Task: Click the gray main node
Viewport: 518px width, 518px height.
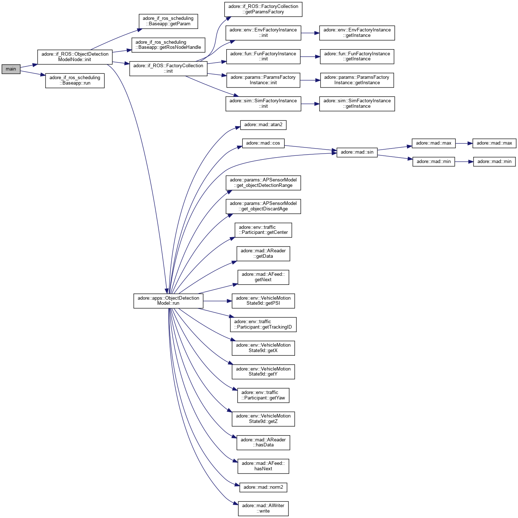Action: click(11, 69)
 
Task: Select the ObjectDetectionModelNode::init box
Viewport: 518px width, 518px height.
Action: click(75, 57)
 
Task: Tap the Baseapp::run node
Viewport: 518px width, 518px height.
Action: click(75, 80)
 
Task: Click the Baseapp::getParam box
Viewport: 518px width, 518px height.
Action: click(168, 21)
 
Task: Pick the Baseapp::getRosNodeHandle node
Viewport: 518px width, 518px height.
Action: click(168, 45)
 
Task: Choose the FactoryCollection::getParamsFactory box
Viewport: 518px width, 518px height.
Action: click(263, 9)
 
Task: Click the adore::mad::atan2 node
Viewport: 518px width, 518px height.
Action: click(263, 125)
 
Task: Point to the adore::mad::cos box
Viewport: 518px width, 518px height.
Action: click(263, 143)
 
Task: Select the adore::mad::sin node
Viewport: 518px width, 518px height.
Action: click(357, 152)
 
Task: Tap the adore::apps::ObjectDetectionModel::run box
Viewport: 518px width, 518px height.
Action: click(168, 301)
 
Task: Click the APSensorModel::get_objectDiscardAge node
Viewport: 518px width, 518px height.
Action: click(263, 206)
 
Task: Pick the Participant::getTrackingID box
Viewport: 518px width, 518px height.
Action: click(263, 324)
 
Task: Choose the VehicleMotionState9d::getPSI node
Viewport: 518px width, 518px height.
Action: click(263, 301)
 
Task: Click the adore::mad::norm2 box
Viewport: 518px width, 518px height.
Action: click(263, 487)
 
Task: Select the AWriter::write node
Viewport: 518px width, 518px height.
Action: click(263, 508)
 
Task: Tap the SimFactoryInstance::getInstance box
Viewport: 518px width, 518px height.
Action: click(357, 103)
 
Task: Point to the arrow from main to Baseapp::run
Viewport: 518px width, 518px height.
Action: click(33, 73)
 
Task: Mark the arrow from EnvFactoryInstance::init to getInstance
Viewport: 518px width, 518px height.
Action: click(310, 33)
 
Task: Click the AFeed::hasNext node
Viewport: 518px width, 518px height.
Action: click(263, 466)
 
